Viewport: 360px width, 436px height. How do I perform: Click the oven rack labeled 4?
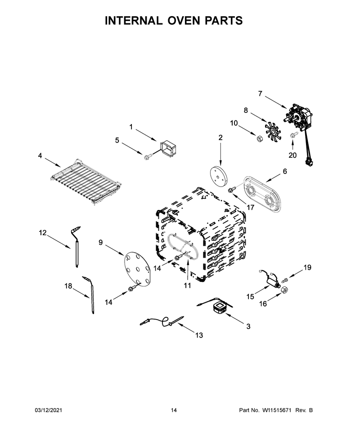coord(86,182)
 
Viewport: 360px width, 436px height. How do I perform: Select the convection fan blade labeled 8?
coord(273,130)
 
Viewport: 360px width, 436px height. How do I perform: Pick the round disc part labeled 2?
coord(219,176)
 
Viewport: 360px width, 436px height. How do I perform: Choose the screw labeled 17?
coord(232,190)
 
